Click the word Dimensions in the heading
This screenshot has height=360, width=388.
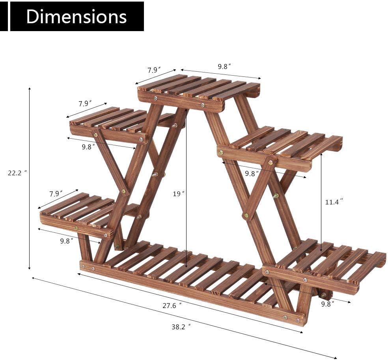coord(76,17)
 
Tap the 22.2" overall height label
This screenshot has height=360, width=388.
coord(17,173)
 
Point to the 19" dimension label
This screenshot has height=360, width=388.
coord(179,194)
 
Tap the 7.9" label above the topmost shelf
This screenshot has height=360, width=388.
coord(154,70)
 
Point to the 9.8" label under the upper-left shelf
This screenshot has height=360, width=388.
coord(89,147)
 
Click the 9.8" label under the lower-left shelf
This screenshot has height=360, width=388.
coord(67,241)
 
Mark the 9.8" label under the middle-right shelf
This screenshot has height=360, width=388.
coord(252,173)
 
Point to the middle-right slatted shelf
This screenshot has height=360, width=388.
coord(282,146)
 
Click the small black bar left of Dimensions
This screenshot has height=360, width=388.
coord(4,17)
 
